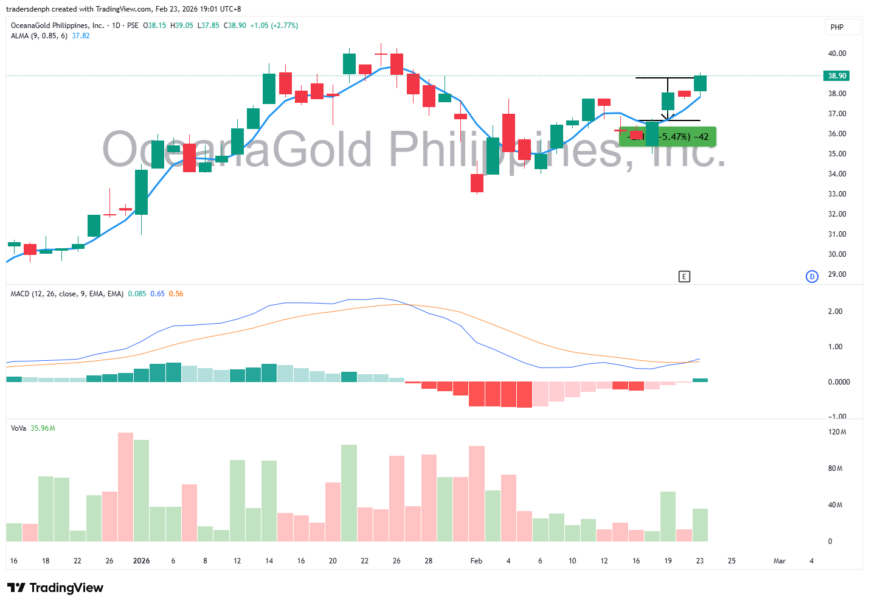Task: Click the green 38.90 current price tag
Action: click(837, 76)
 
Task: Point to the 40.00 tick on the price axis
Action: click(837, 54)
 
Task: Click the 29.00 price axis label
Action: click(837, 274)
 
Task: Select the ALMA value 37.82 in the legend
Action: click(81, 36)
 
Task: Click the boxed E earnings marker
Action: click(684, 277)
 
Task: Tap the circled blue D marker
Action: click(812, 277)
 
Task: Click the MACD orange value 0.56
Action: click(176, 294)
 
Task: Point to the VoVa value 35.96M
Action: click(43, 428)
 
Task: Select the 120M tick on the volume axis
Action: click(837, 432)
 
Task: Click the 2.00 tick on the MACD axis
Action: click(835, 312)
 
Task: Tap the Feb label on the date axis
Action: click(476, 561)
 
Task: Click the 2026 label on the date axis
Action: click(141, 561)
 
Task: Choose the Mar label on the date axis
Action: click(779, 561)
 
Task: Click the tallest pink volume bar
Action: click(125, 487)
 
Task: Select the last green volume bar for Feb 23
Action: click(700, 524)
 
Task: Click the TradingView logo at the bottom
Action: click(55, 588)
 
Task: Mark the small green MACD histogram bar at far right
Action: click(700, 380)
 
